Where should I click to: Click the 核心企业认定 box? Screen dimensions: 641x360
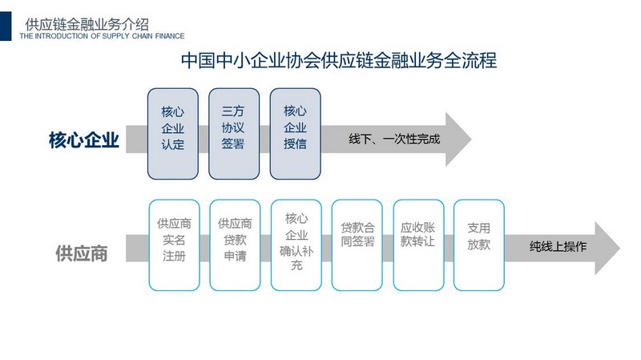(173, 134)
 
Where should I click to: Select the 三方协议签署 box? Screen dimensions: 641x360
(234, 134)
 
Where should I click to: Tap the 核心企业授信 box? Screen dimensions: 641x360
(295, 134)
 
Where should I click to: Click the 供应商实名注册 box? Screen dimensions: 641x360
(174, 245)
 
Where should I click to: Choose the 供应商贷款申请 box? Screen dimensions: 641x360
(235, 245)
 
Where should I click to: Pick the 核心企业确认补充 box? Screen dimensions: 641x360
(296, 245)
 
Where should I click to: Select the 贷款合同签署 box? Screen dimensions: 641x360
(357, 245)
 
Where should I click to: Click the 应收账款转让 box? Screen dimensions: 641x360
(418, 245)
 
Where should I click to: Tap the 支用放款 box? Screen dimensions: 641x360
(479, 245)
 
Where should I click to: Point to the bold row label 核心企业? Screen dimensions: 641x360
(84, 140)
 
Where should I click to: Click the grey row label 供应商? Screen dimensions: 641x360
(82, 253)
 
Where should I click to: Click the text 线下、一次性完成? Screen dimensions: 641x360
(394, 139)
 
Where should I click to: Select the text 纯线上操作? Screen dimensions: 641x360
(558, 246)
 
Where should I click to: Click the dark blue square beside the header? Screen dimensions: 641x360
(6, 26)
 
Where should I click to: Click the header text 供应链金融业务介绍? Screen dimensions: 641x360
(87, 25)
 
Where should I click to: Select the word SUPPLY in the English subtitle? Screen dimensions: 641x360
(115, 36)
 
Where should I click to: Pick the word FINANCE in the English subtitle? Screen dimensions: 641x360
(170, 36)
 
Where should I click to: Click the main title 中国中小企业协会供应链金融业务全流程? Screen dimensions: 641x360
(339, 60)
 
